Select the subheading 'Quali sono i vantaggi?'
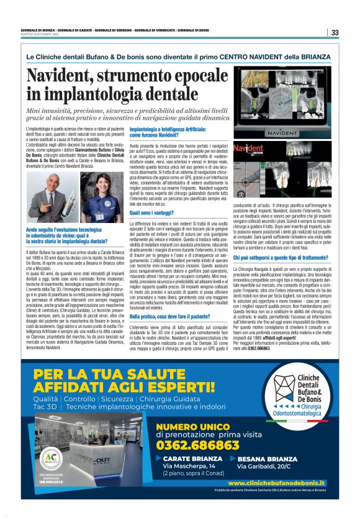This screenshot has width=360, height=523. click(151, 212)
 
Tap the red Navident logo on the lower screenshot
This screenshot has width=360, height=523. click(249, 149)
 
